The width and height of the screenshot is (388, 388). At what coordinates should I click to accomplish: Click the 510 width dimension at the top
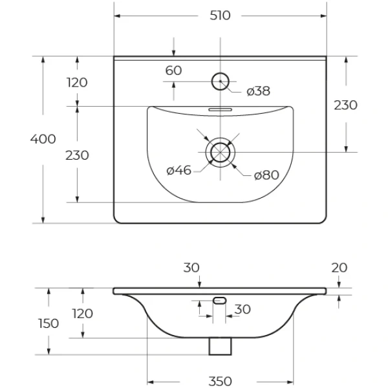tap(220, 16)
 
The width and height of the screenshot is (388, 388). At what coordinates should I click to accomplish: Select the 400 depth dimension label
tap(44, 139)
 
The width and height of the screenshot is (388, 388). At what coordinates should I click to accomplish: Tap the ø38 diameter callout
tap(258, 91)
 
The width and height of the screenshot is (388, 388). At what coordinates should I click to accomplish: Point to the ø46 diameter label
tap(178, 171)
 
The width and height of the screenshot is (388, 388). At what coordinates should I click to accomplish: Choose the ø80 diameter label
tap(266, 175)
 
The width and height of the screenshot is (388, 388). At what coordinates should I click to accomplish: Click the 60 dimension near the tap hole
tap(173, 70)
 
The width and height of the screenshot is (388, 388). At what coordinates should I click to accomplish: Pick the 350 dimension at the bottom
tap(220, 382)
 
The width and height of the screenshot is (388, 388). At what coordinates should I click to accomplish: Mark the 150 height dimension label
tap(48, 323)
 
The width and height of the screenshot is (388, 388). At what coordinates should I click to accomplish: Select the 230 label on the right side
tap(345, 105)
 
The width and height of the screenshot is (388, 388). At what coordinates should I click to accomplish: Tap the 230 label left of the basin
tap(77, 155)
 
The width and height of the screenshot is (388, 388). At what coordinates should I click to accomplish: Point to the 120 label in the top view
tap(77, 83)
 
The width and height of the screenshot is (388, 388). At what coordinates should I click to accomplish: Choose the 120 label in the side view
tap(81, 314)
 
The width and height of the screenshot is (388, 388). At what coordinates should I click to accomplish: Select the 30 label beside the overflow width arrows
tap(242, 310)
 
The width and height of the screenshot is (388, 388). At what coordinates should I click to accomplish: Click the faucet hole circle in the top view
tap(221, 81)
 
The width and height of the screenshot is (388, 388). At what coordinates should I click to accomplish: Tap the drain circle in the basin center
tap(221, 152)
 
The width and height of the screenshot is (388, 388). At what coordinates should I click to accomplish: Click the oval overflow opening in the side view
tap(220, 300)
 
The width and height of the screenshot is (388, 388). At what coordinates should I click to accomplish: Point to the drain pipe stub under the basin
tap(221, 346)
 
